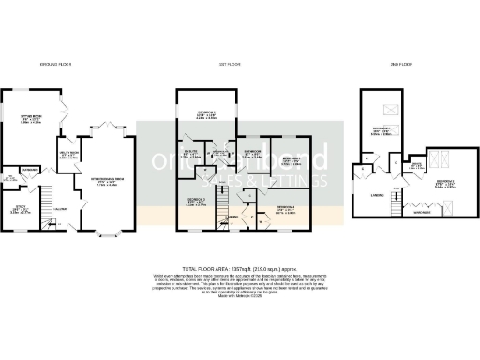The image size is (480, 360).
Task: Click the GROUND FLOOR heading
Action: point(59,64)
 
